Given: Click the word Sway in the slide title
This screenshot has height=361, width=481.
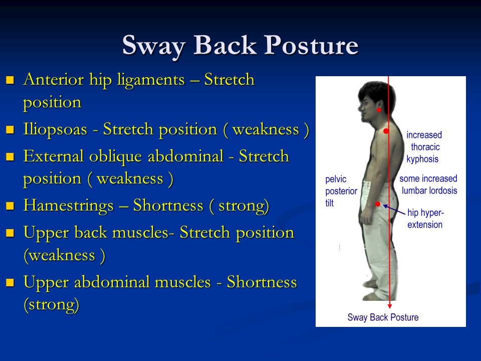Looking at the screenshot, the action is click(x=153, y=46).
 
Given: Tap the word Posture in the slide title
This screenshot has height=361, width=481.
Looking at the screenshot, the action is click(x=311, y=45).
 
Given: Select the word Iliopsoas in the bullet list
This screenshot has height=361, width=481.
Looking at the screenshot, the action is click(x=55, y=130).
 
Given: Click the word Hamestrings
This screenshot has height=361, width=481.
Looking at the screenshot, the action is click(x=69, y=206).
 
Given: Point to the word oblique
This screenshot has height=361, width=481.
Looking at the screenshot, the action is click(x=117, y=156).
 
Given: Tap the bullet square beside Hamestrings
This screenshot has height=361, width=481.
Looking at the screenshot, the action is click(x=10, y=206).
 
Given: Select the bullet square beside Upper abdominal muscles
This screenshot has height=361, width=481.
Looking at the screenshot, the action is click(x=10, y=282).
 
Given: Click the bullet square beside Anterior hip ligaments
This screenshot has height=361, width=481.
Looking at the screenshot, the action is click(x=10, y=80).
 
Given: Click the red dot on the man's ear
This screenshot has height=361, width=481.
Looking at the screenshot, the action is click(x=379, y=110).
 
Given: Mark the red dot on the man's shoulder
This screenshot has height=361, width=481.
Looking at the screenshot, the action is click(x=386, y=131).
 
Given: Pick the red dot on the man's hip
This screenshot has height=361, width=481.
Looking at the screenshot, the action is click(x=378, y=204).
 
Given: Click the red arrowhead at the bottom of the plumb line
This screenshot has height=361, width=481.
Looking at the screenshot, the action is click(x=390, y=306).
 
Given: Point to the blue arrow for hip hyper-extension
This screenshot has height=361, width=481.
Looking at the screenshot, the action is click(x=394, y=210).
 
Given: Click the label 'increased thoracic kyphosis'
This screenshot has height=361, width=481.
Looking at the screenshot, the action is click(x=424, y=147).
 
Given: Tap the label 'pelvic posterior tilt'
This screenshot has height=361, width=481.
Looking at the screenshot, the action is click(x=341, y=191).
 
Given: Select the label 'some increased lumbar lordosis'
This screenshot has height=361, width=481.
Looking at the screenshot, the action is click(x=428, y=185).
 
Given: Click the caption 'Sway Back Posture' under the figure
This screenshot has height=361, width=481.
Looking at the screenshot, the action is click(x=383, y=317).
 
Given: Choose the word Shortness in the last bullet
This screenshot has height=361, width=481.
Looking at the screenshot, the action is click(x=262, y=282).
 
